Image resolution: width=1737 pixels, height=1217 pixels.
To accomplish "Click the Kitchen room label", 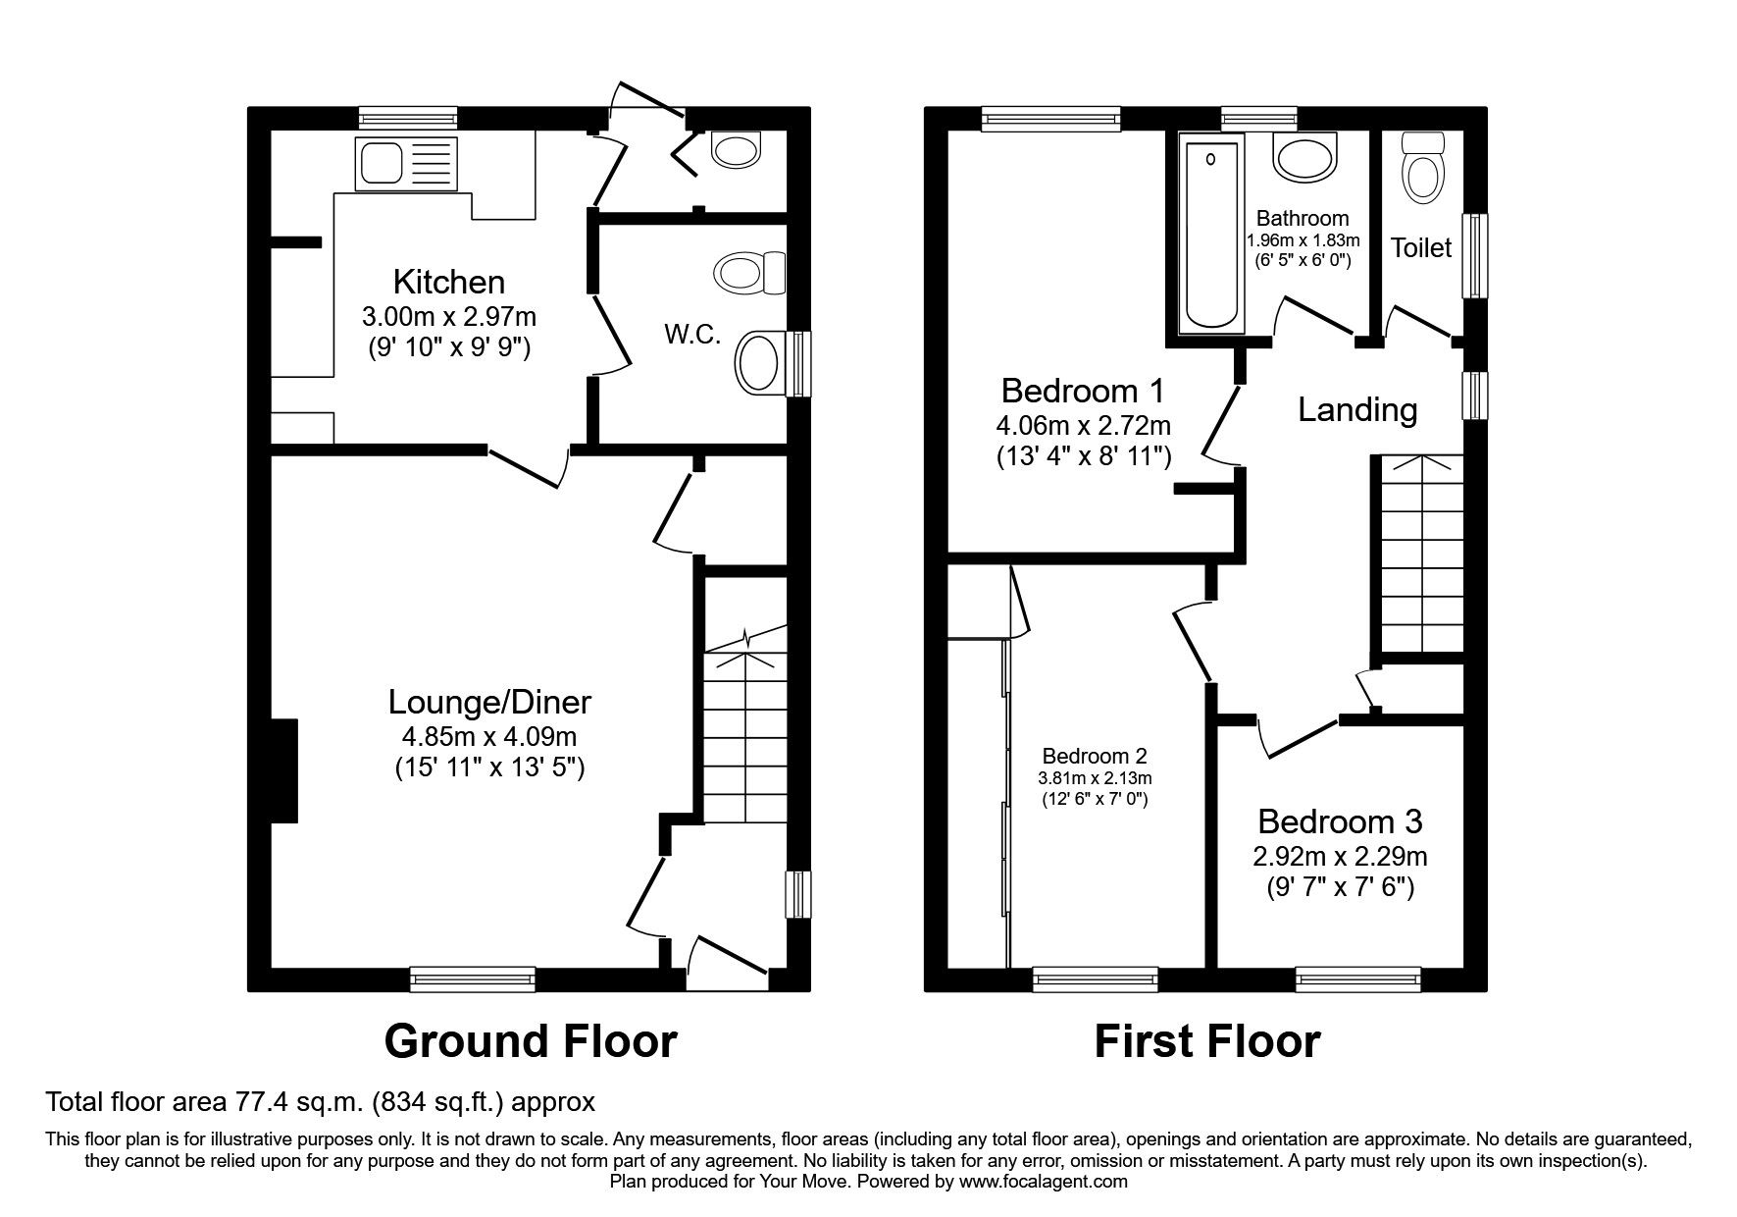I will (449, 283).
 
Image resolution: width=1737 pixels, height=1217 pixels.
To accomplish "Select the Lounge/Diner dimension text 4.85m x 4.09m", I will (489, 736).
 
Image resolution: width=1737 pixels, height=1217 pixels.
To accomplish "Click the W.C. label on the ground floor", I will (692, 335).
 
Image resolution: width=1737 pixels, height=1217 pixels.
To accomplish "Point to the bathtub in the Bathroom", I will (1212, 234).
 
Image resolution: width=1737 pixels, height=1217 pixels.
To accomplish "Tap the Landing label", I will (1357, 409).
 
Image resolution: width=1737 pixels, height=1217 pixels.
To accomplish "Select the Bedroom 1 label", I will (1083, 391).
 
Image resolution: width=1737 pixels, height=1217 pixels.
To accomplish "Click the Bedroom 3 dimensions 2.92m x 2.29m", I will (1340, 857).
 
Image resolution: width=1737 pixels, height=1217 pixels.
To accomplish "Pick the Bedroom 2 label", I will (1095, 757).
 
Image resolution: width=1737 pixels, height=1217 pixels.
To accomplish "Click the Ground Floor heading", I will (530, 1041).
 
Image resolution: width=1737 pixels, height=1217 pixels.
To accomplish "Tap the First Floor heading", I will (1206, 1041).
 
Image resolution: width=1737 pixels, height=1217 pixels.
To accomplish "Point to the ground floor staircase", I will (745, 731).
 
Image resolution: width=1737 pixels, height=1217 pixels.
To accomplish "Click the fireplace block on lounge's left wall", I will (283, 770).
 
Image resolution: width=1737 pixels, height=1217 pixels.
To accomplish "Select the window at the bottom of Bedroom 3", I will (1357, 979).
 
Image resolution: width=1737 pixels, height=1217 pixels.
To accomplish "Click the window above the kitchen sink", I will (408, 119).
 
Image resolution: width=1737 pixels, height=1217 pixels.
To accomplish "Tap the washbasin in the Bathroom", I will (1303, 157).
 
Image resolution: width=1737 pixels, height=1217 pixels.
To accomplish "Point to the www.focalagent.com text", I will (1044, 1182).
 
